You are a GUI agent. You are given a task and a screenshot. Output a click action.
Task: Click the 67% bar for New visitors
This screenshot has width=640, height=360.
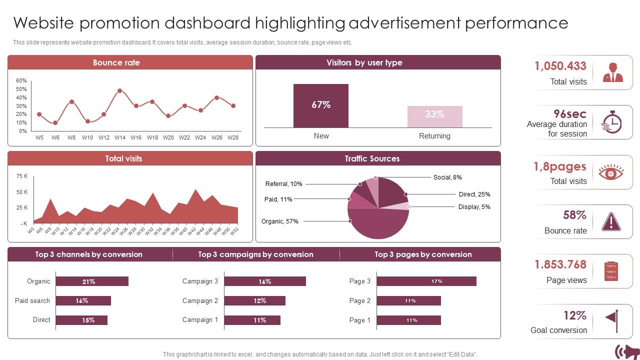320,105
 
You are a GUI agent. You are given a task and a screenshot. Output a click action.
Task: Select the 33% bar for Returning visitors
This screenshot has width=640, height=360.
434,116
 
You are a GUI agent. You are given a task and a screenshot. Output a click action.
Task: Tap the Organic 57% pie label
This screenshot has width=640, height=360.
279,221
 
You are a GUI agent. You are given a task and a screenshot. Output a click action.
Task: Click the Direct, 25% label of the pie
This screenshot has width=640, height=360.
474,194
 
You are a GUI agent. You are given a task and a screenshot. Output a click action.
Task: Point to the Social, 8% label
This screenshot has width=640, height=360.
447,177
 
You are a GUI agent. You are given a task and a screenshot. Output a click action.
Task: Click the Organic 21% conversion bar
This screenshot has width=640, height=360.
92,281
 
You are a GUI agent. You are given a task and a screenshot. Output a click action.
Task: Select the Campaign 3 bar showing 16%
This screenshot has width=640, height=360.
264,281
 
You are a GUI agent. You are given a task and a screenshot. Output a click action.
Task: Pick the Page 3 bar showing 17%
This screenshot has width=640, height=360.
426,281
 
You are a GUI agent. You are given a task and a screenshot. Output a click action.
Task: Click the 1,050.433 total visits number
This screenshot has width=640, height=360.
560,66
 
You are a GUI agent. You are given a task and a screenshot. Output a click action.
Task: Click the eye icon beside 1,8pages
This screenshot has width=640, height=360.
611,172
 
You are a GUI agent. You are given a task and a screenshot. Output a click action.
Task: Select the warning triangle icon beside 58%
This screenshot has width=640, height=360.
611,221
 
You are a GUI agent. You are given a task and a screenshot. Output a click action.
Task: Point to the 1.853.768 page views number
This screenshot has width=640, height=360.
560,264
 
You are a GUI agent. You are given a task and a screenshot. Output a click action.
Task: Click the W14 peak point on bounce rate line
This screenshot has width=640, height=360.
120,91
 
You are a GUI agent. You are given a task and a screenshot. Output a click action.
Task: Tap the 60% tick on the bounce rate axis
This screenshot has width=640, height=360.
21,80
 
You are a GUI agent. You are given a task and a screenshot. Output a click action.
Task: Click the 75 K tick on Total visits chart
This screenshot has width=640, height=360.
22,176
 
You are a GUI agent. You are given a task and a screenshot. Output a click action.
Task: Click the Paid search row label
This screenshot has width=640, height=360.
32,300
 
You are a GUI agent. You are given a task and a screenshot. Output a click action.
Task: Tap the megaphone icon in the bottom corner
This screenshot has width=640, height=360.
626,351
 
